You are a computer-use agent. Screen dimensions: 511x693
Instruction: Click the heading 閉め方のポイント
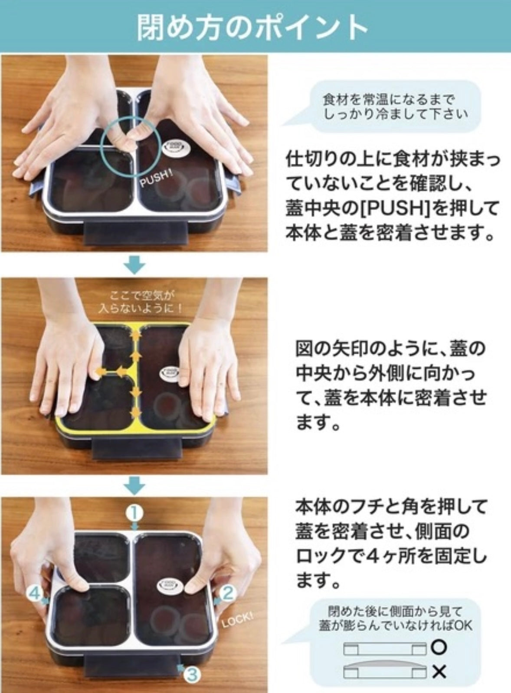click(252, 28)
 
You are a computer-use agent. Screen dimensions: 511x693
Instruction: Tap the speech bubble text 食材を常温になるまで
click(385, 100)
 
